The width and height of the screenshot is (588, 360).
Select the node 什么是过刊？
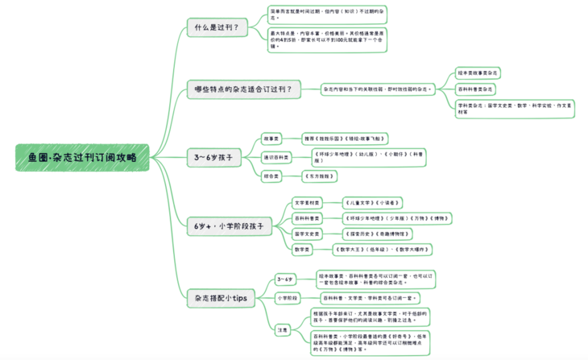click(x=217, y=28)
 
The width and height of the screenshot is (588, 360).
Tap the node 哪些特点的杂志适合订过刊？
click(x=243, y=89)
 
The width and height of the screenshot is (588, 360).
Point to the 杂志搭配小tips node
click(x=221, y=297)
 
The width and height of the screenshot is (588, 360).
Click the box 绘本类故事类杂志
click(x=478, y=72)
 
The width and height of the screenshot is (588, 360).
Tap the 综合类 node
click(x=273, y=174)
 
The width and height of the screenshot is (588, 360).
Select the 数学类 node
click(x=303, y=250)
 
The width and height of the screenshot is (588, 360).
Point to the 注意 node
click(x=282, y=330)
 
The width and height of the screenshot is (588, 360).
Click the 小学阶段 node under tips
click(x=287, y=297)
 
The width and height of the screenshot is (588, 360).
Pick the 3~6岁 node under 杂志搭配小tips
click(x=285, y=279)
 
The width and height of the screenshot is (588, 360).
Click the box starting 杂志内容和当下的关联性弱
click(x=377, y=89)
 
